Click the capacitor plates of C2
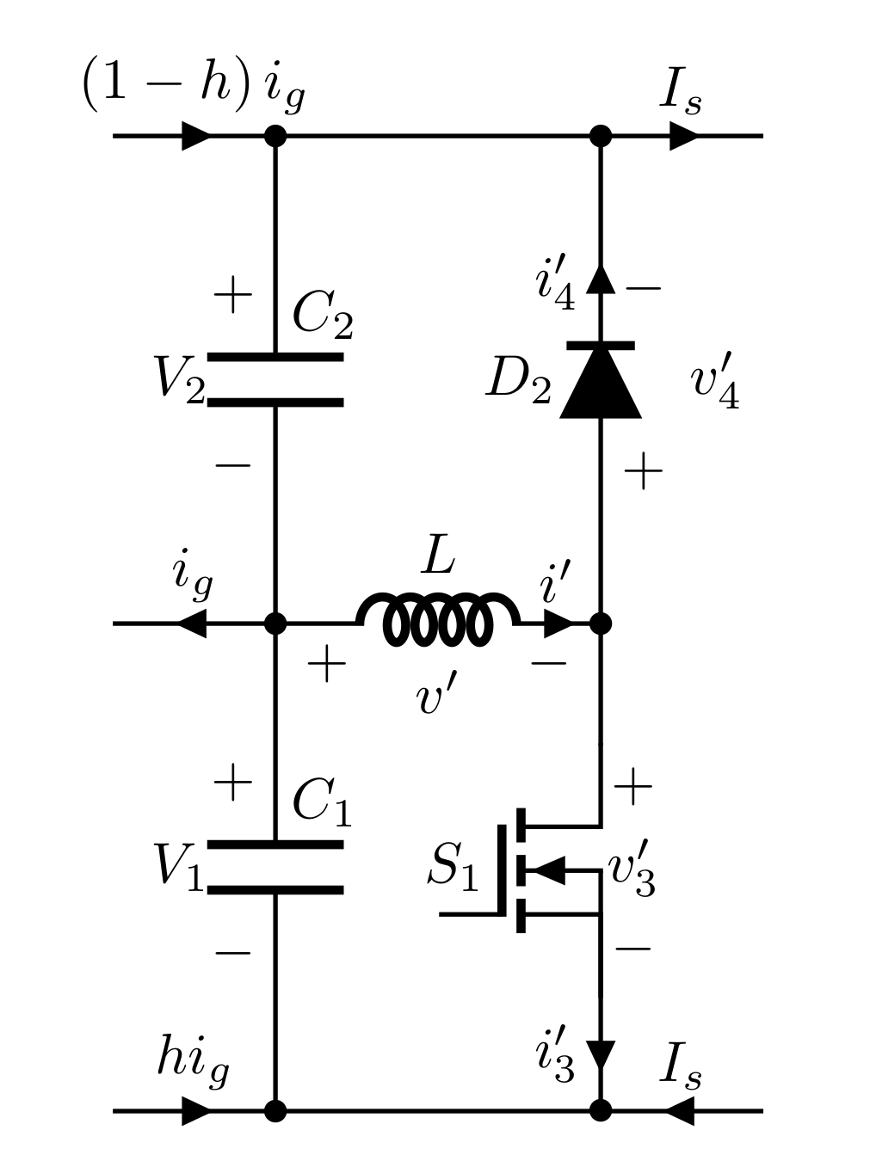click(x=275, y=379)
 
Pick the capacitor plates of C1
click(x=275, y=867)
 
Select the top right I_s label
click(x=680, y=91)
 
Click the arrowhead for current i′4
click(x=601, y=279)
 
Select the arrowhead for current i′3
click(x=601, y=1054)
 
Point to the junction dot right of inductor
click(x=601, y=623)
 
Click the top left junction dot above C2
click(x=275, y=136)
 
